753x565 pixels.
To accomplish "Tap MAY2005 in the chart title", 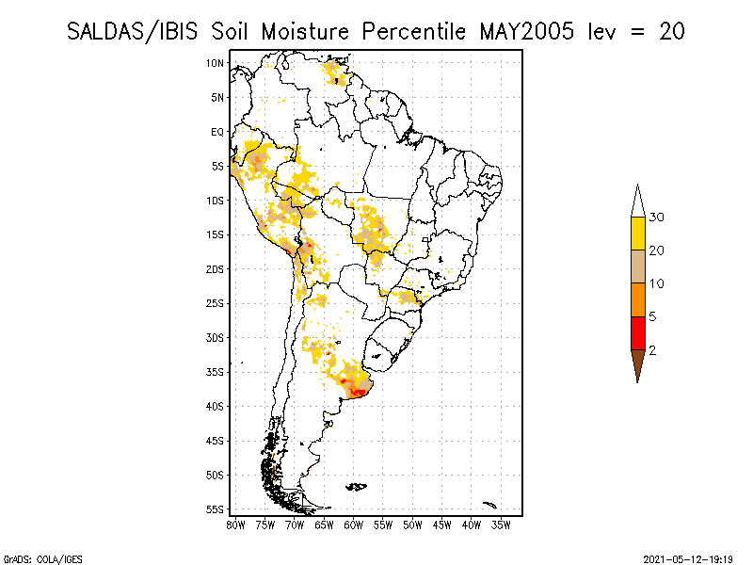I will (528, 31).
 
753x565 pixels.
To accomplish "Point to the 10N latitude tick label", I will (215, 63).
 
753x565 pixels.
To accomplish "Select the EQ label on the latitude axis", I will (216, 132).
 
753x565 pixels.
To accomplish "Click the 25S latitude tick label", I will (215, 303).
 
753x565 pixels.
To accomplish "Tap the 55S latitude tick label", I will (215, 509).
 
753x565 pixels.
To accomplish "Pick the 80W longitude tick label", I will (235, 524).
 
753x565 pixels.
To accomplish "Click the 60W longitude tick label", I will (354, 524).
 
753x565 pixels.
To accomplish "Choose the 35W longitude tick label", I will (501, 524).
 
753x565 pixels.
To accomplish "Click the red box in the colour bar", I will (638, 332).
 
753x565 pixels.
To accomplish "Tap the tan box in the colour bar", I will (638, 266).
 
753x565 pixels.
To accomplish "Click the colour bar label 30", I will (657, 218).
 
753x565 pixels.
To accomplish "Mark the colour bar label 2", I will (652, 350).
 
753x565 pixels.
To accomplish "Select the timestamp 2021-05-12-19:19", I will (688, 557).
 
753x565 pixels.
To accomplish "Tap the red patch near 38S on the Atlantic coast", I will (358, 392).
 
